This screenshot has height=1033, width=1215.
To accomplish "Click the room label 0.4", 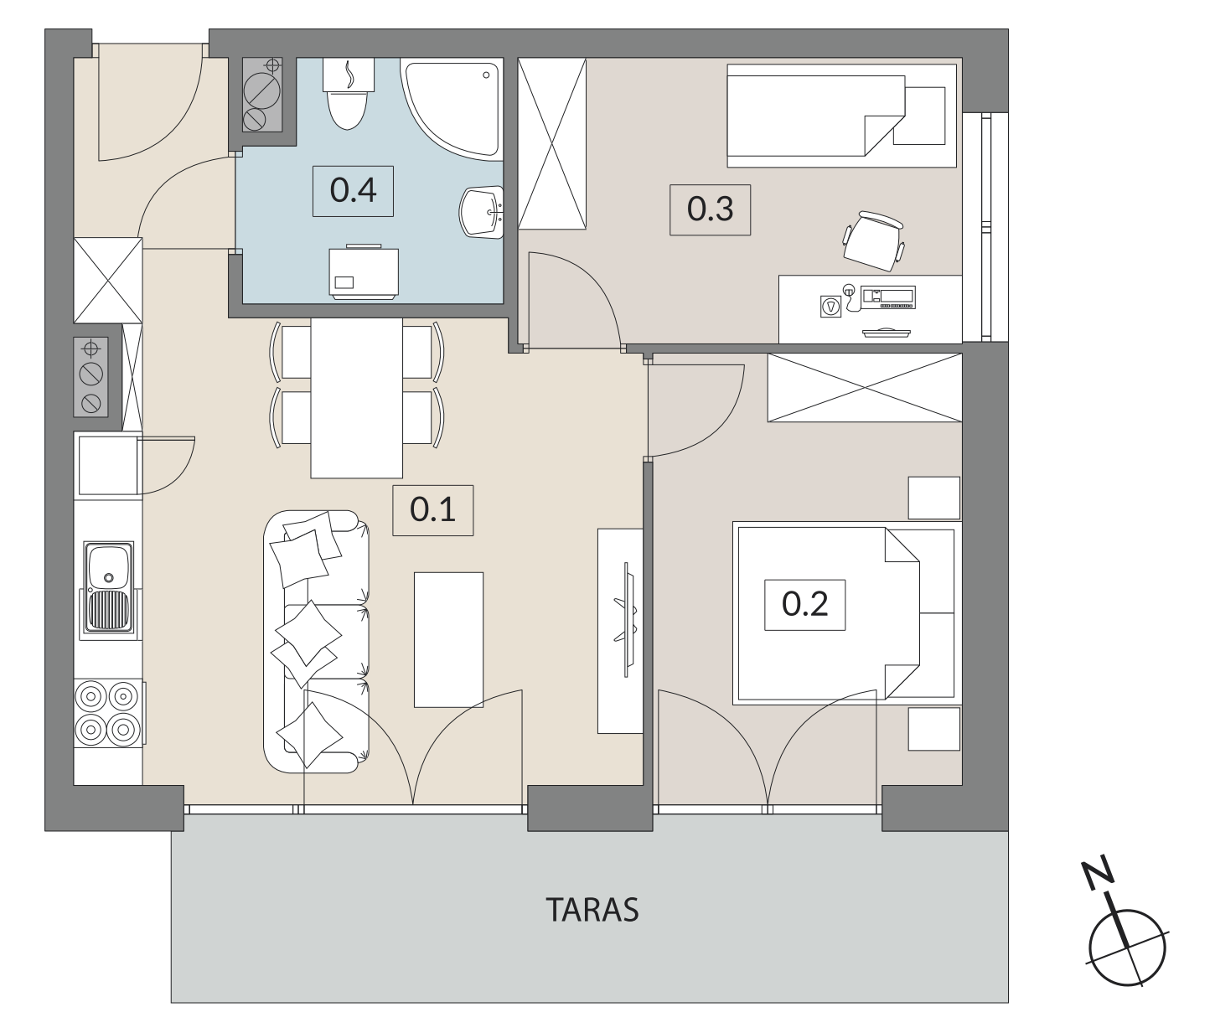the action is tap(353, 190).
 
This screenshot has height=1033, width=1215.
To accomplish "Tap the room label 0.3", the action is tap(710, 209).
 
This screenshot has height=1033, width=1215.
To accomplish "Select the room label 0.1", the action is tap(432, 509).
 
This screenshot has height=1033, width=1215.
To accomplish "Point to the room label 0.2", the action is tap(804, 604).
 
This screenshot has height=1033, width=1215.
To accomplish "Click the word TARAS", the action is tap(592, 910).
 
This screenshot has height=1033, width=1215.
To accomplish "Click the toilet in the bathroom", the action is tap(348, 94).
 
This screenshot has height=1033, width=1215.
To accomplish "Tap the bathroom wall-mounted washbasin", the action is tap(482, 212).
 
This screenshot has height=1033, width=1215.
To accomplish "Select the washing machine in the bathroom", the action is tap(364, 271).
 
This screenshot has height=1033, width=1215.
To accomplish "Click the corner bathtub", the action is tap(452, 108).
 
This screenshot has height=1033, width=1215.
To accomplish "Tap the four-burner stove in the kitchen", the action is tap(108, 713).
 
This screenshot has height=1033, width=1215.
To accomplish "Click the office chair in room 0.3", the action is tap(873, 241).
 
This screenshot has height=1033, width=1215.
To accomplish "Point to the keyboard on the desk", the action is tap(888, 297).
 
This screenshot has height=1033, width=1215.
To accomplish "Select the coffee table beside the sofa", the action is tap(448, 640).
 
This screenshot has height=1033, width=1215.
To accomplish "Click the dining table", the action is tap(356, 398).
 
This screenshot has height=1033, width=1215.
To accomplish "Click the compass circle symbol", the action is tap(1127, 948).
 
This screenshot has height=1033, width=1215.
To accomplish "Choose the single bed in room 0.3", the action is tap(842, 116).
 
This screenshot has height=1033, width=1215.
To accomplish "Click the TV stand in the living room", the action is tap(619, 631).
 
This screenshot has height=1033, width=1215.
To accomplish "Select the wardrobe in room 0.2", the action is tap(865, 387).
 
